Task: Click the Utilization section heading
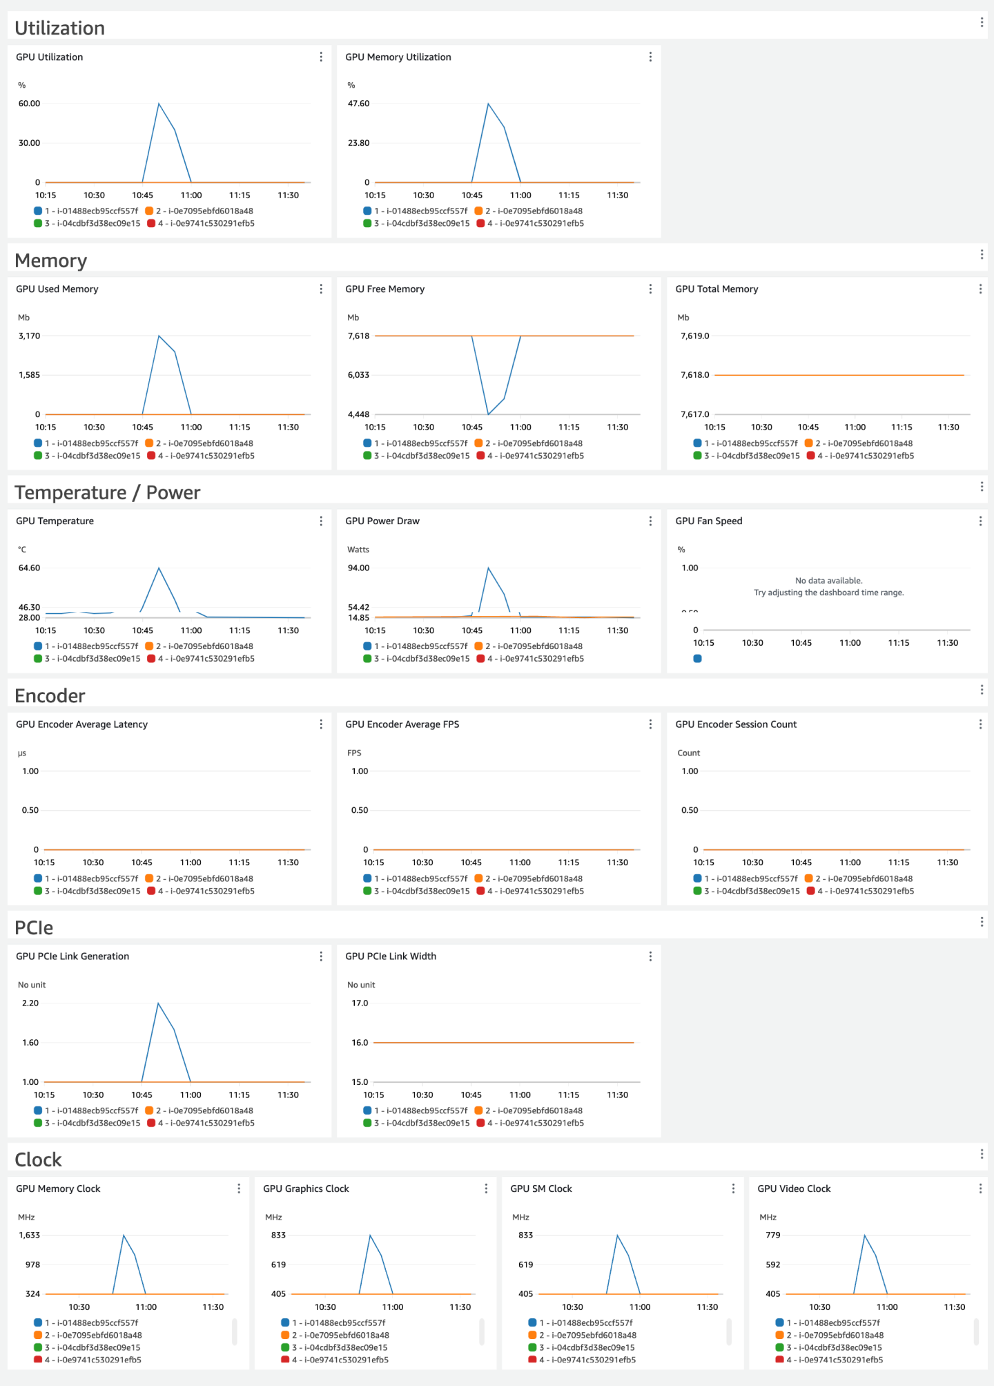point(59,28)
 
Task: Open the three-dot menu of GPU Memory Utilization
point(650,57)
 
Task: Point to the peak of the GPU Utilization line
point(159,104)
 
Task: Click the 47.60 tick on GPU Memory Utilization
point(358,104)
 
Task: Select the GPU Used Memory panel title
point(57,289)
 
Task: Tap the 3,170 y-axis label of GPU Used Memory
point(29,336)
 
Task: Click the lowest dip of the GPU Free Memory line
point(489,414)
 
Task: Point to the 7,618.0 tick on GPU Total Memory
point(694,375)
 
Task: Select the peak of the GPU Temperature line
point(159,568)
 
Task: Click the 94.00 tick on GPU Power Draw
point(358,568)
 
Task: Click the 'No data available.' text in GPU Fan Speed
point(828,581)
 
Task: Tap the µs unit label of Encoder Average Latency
point(22,753)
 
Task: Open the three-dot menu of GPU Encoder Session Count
point(980,724)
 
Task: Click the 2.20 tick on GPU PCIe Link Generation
point(30,1003)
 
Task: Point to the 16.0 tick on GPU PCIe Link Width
point(360,1043)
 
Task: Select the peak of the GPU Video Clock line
point(864,1235)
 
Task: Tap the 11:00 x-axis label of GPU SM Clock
point(639,1307)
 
